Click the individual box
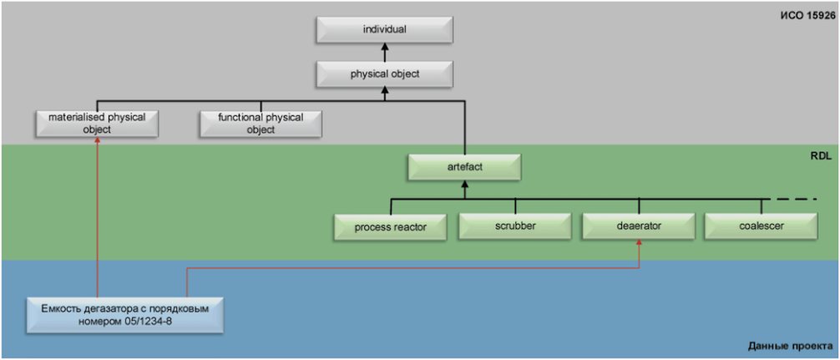[385, 30]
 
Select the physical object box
[385, 74]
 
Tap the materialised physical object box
[97, 124]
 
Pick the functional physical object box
[261, 124]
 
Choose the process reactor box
[391, 227]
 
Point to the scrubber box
[515, 226]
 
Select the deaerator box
[639, 226]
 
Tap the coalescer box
[762, 226]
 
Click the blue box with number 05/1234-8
[124, 316]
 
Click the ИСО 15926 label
[807, 16]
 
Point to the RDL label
[822, 156]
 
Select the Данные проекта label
[791, 346]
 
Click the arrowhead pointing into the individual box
[385, 48]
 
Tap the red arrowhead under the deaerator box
[639, 244]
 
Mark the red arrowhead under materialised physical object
[98, 141]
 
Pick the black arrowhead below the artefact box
[464, 185]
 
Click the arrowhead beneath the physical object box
[385, 92]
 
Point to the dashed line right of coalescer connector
[792, 200]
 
